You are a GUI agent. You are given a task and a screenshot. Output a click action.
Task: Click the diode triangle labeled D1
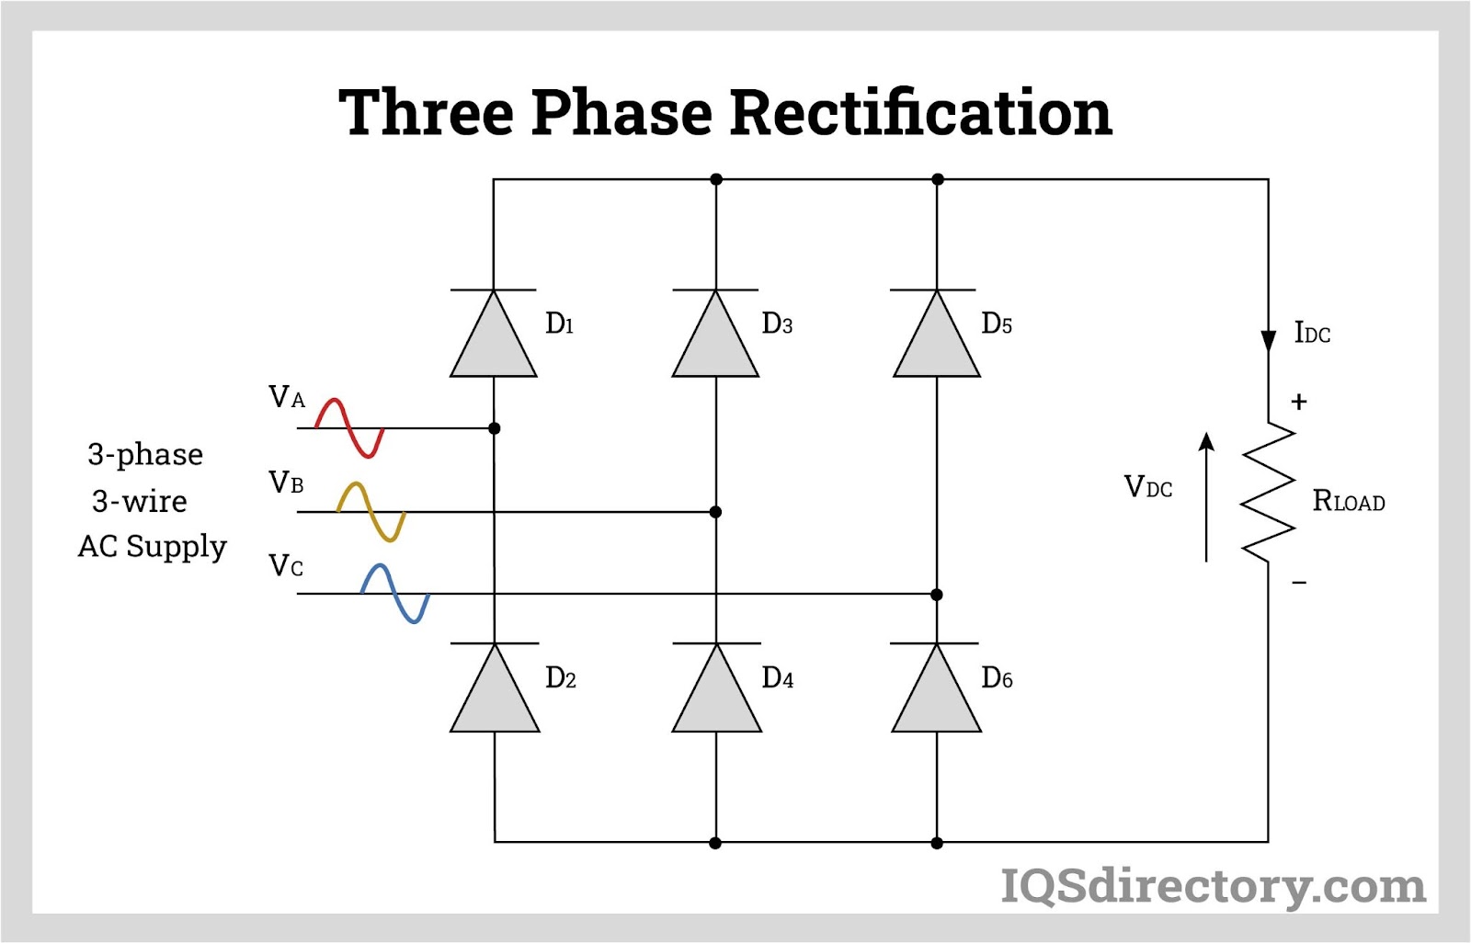(x=494, y=338)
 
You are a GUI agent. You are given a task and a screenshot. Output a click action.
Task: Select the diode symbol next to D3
(x=715, y=338)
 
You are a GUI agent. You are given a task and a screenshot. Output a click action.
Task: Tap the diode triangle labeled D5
(x=937, y=338)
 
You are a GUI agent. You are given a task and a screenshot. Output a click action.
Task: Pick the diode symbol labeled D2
(x=495, y=693)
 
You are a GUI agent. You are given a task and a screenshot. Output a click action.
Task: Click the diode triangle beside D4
(x=716, y=693)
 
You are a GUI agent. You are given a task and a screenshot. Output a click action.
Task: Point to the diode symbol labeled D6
(x=937, y=693)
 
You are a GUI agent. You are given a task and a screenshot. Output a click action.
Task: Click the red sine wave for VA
(x=349, y=428)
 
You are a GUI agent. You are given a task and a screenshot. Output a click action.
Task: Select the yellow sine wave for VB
(x=371, y=512)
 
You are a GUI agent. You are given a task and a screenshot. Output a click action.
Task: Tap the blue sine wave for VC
(x=395, y=594)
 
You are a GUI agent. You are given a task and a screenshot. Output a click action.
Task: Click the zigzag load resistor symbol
(x=1268, y=492)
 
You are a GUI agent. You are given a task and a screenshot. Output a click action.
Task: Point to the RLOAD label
(x=1348, y=501)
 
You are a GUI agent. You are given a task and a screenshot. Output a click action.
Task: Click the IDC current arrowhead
(x=1269, y=341)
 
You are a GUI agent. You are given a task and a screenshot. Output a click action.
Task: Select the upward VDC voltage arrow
(x=1206, y=496)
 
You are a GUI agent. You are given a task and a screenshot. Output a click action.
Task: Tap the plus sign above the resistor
(x=1299, y=402)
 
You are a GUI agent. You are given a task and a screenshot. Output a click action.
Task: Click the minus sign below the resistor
(x=1299, y=583)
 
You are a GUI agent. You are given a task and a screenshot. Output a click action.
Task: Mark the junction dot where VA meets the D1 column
(x=495, y=428)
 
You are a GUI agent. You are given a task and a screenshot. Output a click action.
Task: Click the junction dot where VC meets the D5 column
(x=937, y=595)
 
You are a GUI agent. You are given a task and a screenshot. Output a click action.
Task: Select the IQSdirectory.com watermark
(x=1213, y=886)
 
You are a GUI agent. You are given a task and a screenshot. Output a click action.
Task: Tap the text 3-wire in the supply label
(x=140, y=501)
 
